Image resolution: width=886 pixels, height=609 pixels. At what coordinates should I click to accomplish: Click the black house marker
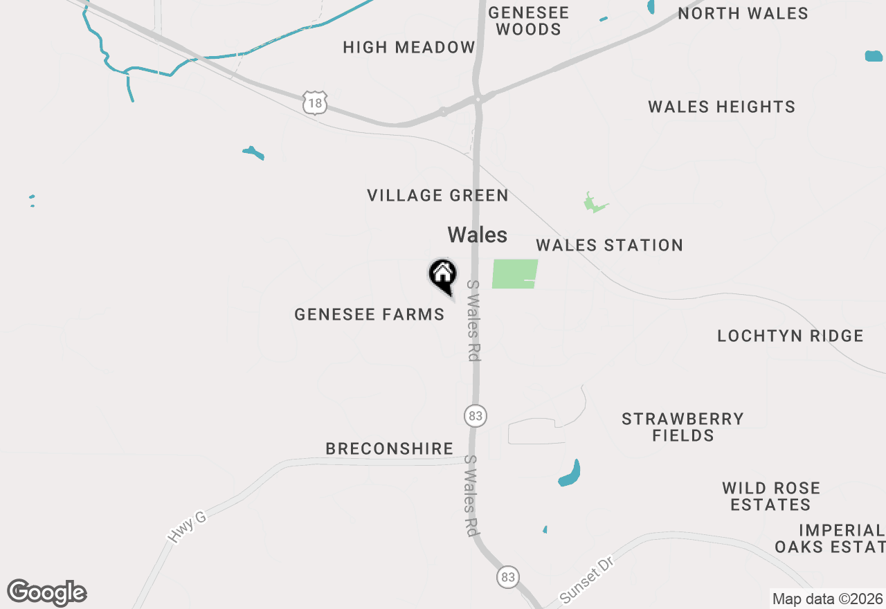click(443, 275)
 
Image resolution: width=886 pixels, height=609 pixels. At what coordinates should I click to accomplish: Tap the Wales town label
click(477, 235)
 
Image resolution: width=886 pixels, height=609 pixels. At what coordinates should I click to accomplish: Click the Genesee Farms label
click(369, 315)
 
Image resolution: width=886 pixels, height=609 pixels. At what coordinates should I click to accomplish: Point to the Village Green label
click(437, 196)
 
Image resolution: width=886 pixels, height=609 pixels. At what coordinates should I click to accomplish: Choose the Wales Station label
click(609, 246)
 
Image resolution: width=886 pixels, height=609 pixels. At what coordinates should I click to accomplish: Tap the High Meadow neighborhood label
click(409, 48)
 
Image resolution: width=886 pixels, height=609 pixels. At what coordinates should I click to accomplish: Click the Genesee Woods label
click(528, 21)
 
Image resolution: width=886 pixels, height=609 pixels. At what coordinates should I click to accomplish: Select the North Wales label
click(743, 14)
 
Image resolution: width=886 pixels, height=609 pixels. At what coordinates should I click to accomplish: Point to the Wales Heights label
click(721, 107)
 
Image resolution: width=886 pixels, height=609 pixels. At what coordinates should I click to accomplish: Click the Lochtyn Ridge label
click(790, 336)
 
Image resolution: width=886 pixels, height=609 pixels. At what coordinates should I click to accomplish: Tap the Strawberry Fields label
click(682, 427)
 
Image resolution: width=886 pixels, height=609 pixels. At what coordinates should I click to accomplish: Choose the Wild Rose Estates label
click(771, 496)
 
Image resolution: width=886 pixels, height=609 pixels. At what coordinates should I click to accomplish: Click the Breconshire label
click(389, 449)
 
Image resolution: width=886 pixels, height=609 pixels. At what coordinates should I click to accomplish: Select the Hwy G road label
click(187, 527)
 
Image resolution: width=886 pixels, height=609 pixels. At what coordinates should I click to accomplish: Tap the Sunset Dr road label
click(587, 580)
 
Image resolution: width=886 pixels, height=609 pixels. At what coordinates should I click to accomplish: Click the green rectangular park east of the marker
click(515, 274)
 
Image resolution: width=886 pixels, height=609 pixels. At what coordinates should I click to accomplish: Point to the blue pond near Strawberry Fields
click(570, 474)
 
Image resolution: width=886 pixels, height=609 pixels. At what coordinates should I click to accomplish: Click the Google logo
click(47, 593)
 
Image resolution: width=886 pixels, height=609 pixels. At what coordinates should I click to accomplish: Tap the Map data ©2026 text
click(827, 599)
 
